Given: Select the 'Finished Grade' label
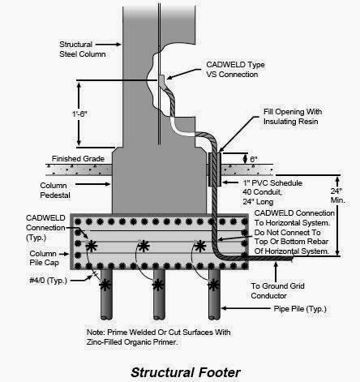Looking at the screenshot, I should (x=76, y=158).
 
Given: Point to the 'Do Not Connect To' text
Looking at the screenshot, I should (x=285, y=231).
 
